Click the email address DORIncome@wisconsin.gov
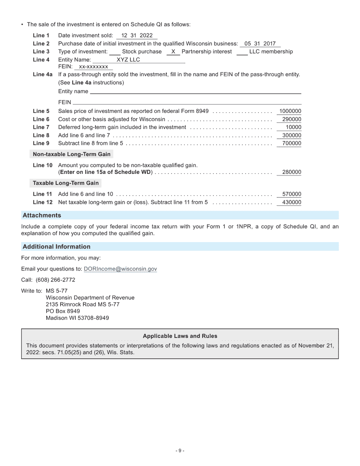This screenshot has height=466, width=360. [120, 269]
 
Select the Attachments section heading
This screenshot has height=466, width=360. [42, 216]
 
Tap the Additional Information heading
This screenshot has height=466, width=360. [56, 247]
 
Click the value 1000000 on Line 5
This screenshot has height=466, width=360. [290, 111]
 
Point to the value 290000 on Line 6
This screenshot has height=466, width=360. [291, 119]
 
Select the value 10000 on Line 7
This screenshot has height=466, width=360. [293, 127]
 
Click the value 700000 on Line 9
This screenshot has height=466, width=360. [291, 143]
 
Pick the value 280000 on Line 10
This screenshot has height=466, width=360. [291, 172]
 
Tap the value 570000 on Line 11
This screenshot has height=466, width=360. [291, 194]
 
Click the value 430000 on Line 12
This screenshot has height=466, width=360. [291, 202]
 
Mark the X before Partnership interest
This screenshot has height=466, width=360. [173, 52]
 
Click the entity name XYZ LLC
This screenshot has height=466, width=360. [128, 60]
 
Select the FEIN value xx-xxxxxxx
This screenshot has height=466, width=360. [93, 67]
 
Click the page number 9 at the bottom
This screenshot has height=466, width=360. [180, 451]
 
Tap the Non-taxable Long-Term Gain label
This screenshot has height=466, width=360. [72, 154]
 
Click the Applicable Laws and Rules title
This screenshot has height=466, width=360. [180, 336]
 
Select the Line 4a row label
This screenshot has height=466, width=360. [42, 75]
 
